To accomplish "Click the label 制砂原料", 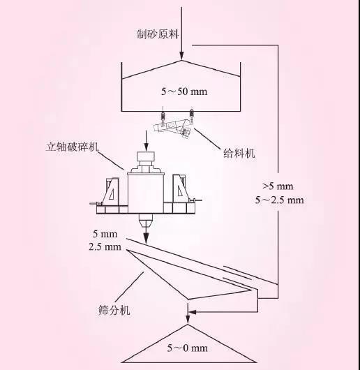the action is click(158, 34).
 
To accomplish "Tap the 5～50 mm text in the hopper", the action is click(184, 91).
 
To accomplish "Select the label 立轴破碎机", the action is click(72, 147).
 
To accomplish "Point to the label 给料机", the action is click(239, 154).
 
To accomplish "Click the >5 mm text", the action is click(278, 186).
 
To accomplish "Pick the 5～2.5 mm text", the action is click(280, 200).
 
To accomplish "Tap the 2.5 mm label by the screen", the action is click(105, 247).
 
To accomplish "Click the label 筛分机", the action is click(114, 310).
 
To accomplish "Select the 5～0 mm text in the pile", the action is click(188, 348).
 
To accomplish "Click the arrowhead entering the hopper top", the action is click(181, 57).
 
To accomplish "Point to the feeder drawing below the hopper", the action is click(173, 128).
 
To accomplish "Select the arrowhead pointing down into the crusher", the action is click(147, 148).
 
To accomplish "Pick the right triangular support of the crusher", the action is click(181, 188).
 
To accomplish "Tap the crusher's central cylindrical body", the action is click(146, 193).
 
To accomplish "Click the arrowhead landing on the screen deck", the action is click(147, 239).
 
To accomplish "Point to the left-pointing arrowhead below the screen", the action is click(193, 312).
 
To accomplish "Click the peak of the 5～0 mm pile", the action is click(188, 325).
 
